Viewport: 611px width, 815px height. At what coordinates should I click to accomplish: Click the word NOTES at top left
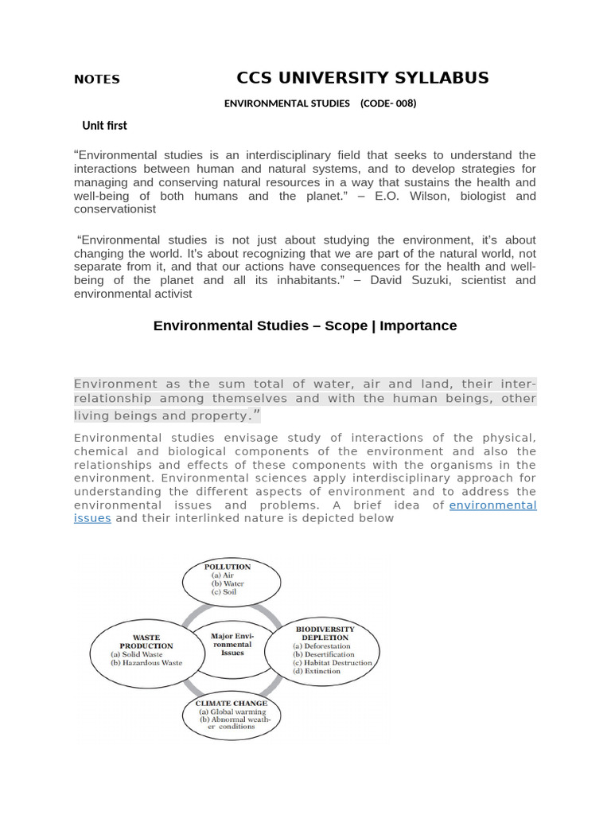pos(96,80)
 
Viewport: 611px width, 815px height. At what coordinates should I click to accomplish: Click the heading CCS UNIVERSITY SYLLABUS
pos(362,78)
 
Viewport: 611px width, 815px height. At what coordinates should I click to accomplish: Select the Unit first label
pos(104,126)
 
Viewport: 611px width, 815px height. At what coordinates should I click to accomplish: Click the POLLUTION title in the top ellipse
pos(228,567)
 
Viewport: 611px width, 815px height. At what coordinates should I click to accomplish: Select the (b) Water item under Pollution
pos(228,583)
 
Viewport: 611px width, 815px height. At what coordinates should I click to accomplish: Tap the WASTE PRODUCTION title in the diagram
pos(146,641)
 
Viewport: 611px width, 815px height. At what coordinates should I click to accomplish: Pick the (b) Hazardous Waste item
pos(146,662)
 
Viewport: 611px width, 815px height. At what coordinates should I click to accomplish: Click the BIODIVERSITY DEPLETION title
pos(325,633)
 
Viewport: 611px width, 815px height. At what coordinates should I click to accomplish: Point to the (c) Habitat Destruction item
pos(332,662)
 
